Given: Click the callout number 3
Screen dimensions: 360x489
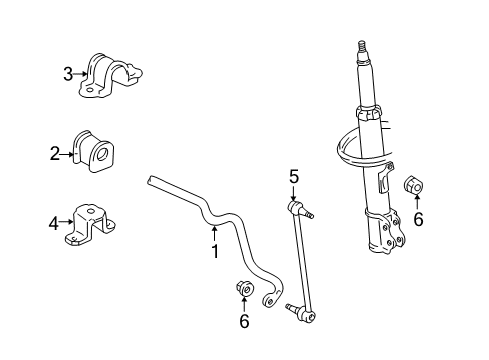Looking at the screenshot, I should coord(68,73).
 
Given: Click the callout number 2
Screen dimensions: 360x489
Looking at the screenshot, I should coord(56,153).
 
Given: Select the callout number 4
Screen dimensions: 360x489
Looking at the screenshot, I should coord(54,223).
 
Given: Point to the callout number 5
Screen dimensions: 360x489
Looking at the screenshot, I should coord(294,177).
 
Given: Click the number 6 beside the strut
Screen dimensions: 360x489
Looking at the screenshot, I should coord(418,219).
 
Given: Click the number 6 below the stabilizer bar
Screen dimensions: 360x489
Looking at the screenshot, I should coord(244,320).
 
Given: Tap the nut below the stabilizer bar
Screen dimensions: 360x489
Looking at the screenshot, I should coord(245,290).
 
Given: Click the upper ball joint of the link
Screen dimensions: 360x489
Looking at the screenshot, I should coord(297,208).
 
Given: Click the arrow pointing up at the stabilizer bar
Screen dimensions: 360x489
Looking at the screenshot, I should coord(213,235).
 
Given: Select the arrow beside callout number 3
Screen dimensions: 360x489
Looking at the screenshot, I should coord(82,73).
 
